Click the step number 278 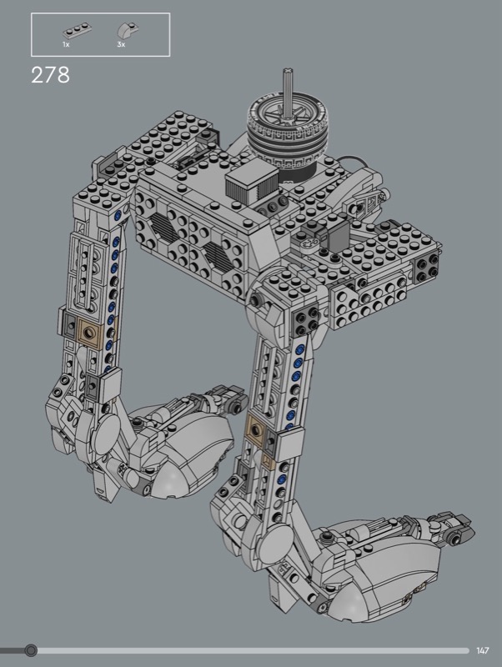tap(50, 75)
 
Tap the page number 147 tap(483, 650)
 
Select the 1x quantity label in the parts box tap(66, 44)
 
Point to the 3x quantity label tap(121, 44)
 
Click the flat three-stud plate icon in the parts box tap(78, 32)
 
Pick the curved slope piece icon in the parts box tap(128, 31)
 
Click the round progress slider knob tap(31, 650)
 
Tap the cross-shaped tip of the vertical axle tap(289, 71)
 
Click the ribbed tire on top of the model tap(289, 132)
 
